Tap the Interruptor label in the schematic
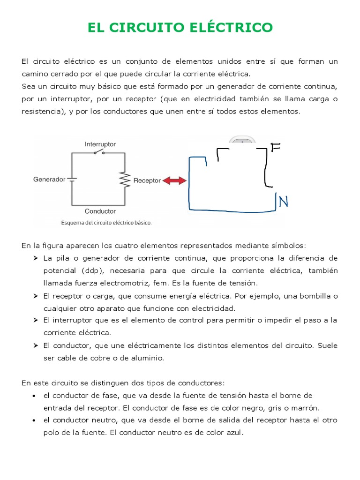tap(100, 144)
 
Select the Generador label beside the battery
tap(49, 180)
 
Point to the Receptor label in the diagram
tap(147, 180)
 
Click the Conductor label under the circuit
tap(100, 211)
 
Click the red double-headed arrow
tap(174, 180)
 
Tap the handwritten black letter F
tap(275, 148)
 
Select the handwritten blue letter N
tap(283, 202)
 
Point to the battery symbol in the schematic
tap(71, 179)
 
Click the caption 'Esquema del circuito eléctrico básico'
tap(106, 223)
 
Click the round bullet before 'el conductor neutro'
tap(35, 420)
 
